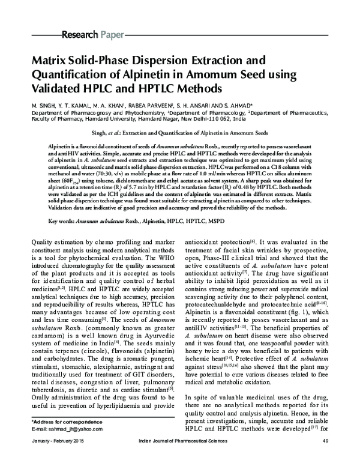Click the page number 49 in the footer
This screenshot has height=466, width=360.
[325, 458]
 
